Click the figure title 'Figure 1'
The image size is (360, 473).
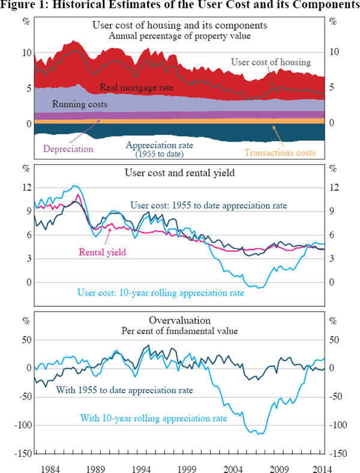(x=179, y=6)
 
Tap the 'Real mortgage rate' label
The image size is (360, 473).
(x=136, y=88)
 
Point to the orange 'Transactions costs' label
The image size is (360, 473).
(x=280, y=153)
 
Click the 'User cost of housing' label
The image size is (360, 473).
(x=271, y=62)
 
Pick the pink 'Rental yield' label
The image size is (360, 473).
(x=103, y=252)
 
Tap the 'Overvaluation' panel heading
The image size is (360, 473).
(x=179, y=320)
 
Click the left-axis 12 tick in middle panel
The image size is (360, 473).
(x=26, y=187)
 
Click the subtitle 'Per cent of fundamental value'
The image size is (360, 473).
(x=179, y=330)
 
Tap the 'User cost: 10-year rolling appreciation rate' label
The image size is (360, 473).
(x=161, y=294)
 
